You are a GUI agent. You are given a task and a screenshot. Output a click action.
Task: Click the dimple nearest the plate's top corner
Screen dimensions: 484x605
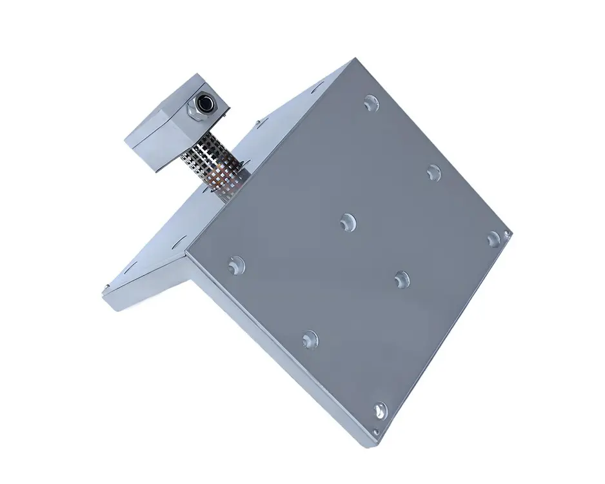[370, 102]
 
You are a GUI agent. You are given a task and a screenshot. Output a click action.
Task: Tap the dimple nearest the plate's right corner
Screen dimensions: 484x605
[493, 237]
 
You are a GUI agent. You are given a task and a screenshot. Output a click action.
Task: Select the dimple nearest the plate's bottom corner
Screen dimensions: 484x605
[381, 410]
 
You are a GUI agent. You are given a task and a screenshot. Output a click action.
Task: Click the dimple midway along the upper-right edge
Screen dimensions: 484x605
[434, 172]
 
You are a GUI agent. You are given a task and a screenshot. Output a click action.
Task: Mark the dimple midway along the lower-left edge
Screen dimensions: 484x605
[310, 338]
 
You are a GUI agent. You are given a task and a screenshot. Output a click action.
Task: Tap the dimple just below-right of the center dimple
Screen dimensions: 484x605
[402, 278]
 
